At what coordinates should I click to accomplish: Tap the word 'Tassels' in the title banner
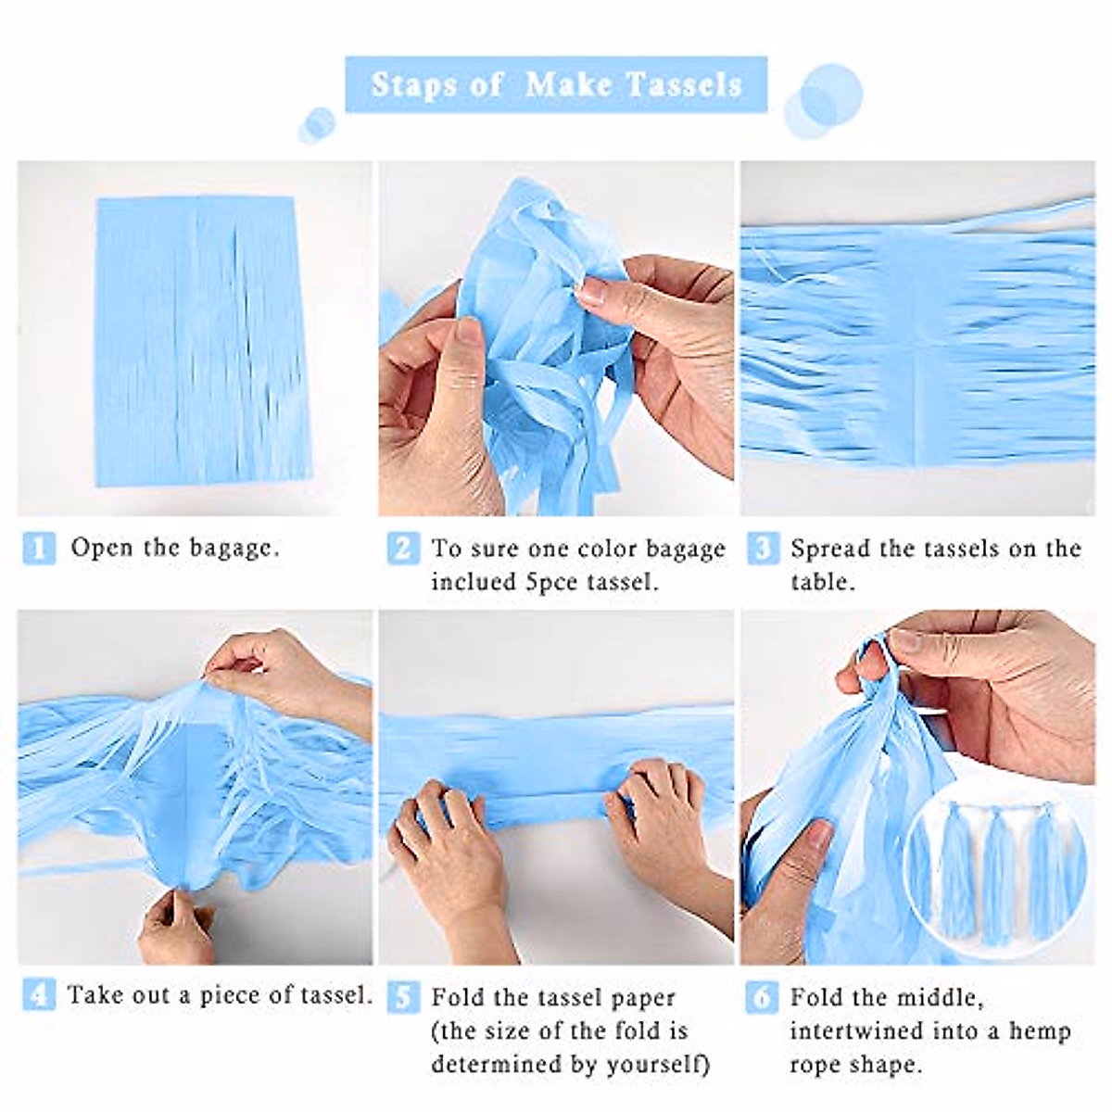684,84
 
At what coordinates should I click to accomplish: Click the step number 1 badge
39,548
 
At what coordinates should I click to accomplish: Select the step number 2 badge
401,549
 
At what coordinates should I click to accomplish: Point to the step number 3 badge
762,549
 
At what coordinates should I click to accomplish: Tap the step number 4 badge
38,995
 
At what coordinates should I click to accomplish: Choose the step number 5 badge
401,998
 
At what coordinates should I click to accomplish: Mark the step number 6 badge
762,998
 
